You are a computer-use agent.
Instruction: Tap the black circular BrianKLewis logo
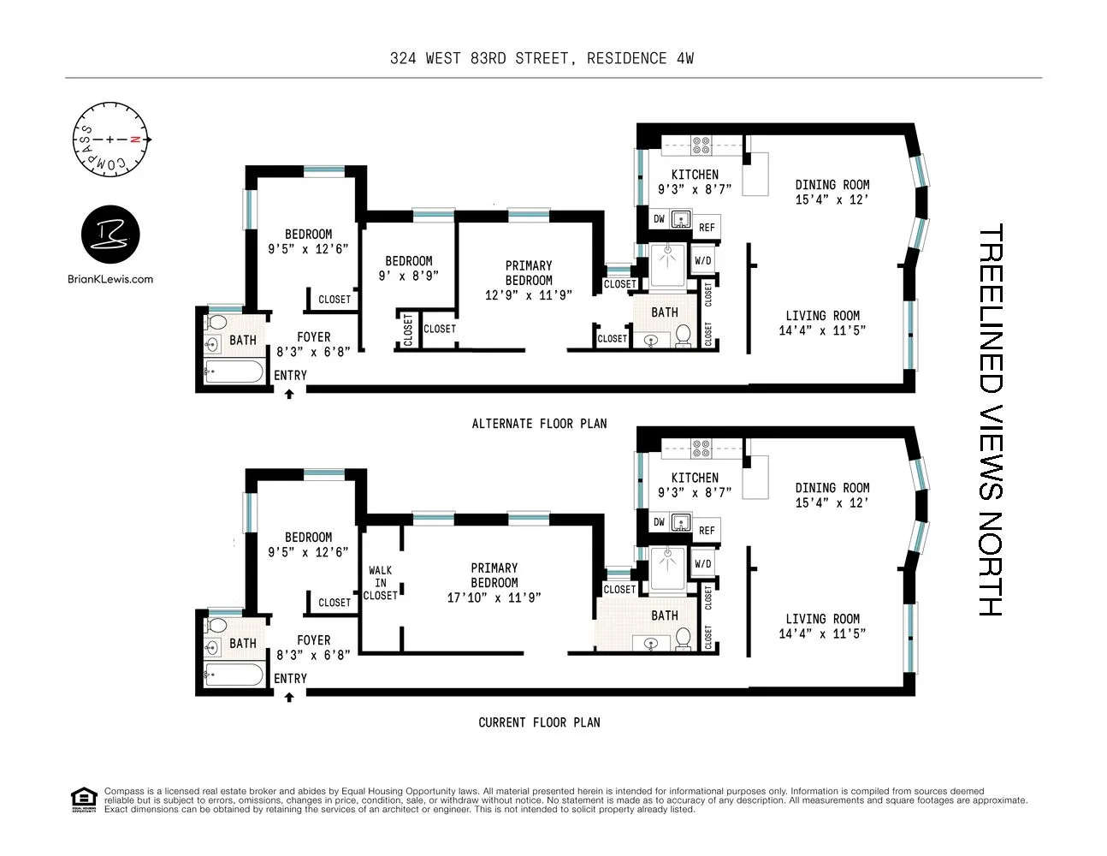(x=110, y=235)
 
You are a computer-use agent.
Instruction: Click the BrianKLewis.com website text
(x=110, y=279)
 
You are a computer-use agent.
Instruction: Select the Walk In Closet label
(x=380, y=583)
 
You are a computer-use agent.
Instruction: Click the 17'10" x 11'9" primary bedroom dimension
(x=494, y=597)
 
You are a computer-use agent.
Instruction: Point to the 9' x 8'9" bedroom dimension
(x=408, y=276)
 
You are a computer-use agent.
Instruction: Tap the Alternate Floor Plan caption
(x=539, y=424)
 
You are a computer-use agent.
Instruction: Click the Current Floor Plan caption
(x=539, y=722)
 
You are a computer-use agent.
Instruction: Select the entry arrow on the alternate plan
(x=289, y=394)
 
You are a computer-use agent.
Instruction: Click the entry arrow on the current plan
(x=289, y=697)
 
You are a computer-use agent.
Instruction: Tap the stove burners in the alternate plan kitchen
(x=701, y=145)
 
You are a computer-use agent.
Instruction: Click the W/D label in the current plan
(x=703, y=564)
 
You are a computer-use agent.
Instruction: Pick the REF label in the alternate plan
(x=707, y=228)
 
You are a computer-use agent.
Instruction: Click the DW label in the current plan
(x=659, y=522)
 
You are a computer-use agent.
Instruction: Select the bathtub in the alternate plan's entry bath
(x=234, y=372)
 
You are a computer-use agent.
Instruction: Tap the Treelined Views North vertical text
(x=990, y=419)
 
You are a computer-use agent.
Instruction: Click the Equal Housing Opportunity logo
(x=83, y=800)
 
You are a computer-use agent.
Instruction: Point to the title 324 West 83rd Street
(x=542, y=58)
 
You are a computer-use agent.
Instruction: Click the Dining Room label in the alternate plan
(x=832, y=185)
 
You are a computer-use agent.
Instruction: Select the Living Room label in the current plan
(x=822, y=619)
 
